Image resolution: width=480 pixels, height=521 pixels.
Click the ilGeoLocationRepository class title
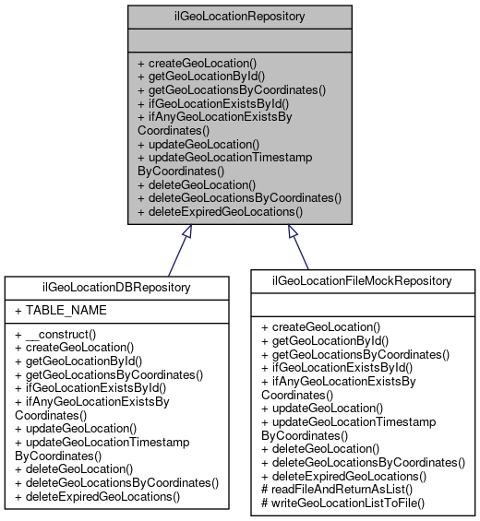click(240, 16)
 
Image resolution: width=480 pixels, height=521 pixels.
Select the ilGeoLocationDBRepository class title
click(116, 287)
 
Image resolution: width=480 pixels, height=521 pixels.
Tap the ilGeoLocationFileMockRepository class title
click(362, 279)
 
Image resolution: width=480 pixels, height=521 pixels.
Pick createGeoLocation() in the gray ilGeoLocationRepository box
click(197, 63)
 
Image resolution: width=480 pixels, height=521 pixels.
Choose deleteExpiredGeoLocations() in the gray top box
click(220, 211)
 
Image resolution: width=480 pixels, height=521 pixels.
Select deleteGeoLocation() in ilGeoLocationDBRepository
click(77, 468)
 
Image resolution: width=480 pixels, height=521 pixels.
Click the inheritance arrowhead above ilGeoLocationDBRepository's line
click(186, 233)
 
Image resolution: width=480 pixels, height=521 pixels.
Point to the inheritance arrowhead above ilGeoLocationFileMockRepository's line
click(293, 233)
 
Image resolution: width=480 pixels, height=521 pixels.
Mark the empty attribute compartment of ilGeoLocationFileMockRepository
click(362, 303)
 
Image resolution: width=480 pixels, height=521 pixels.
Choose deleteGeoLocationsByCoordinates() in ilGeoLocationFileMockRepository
click(363, 462)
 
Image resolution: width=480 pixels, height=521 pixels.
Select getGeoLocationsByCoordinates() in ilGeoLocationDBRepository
click(108, 374)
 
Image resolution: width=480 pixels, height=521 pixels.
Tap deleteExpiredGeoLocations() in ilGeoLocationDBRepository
click(98, 496)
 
